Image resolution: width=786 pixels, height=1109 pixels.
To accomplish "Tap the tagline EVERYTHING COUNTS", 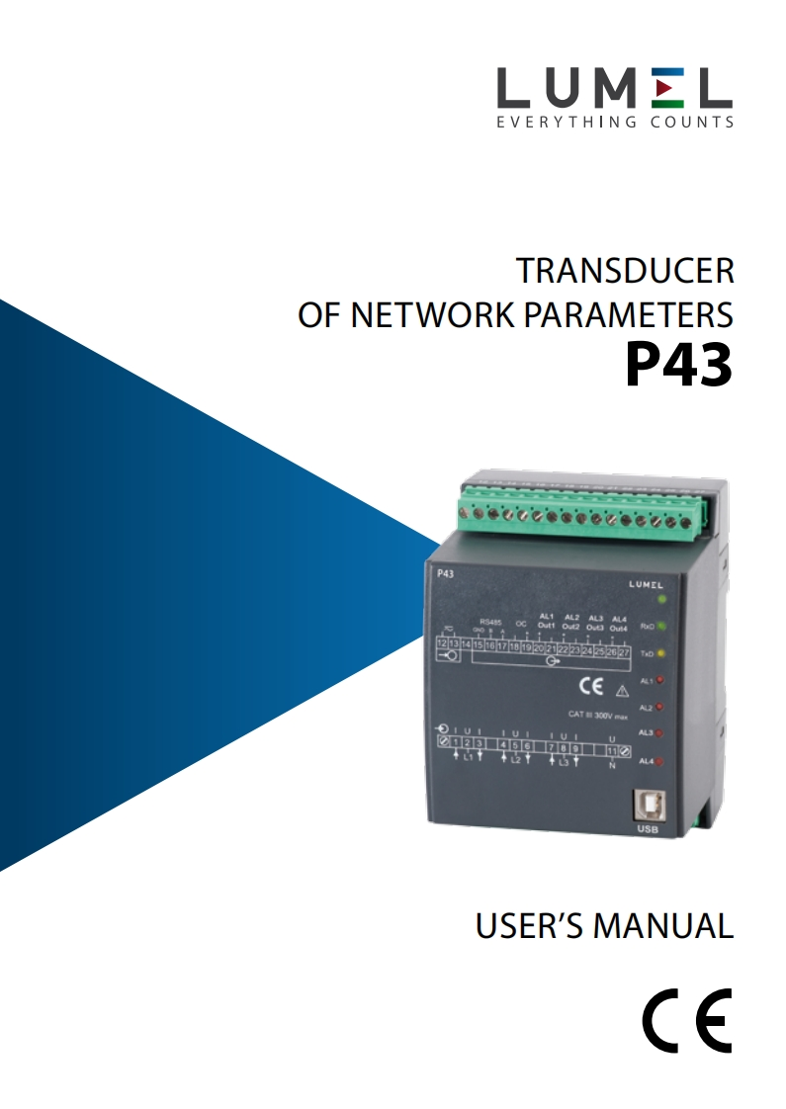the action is point(614,123).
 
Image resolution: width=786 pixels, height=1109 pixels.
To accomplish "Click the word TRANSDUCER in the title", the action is point(626,271).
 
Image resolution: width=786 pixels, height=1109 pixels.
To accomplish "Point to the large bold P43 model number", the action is point(678,366).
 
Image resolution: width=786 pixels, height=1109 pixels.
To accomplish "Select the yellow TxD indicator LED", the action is point(661,653).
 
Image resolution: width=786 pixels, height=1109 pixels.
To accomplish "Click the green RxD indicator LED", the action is point(661,626).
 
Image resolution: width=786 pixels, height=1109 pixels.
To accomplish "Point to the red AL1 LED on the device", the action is point(659,680).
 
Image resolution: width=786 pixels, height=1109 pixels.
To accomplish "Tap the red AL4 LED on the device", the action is point(659,761).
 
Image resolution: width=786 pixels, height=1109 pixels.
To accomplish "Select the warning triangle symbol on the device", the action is point(622,691).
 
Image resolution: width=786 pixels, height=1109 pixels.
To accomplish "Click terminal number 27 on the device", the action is point(624,652).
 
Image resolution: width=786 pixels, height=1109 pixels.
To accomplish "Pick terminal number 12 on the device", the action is point(443,643).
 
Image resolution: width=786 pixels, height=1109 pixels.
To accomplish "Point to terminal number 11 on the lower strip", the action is point(612,751).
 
